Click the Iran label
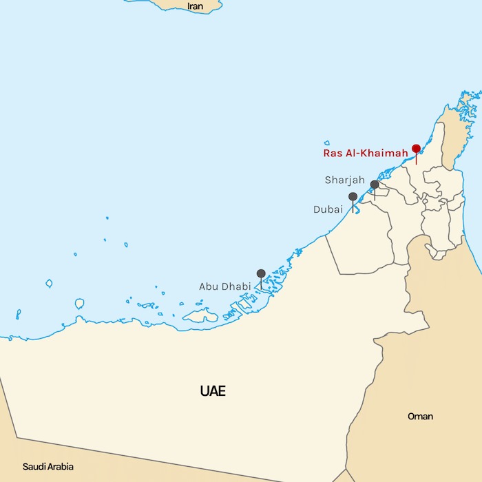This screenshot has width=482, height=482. pyautogui.click(x=196, y=6)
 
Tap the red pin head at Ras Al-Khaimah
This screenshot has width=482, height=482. pyautogui.click(x=416, y=149)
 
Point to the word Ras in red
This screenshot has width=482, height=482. pyautogui.click(x=333, y=154)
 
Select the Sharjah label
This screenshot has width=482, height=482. pyautogui.click(x=345, y=180)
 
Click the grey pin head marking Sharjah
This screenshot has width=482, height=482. pyautogui.click(x=375, y=185)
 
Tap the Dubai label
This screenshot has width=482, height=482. pyautogui.click(x=328, y=209)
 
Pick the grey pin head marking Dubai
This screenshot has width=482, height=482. pyautogui.click(x=353, y=197)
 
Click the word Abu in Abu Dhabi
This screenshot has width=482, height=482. pyautogui.click(x=209, y=286)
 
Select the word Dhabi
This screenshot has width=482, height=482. pyautogui.click(x=236, y=286)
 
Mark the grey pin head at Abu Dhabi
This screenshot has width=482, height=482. pyautogui.click(x=261, y=273)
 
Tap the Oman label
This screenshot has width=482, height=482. pyautogui.click(x=420, y=417)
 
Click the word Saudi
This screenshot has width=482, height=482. pyautogui.click(x=35, y=466)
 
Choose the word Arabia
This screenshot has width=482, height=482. pyautogui.click(x=61, y=466)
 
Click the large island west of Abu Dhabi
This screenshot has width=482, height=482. pyautogui.click(x=200, y=315)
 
